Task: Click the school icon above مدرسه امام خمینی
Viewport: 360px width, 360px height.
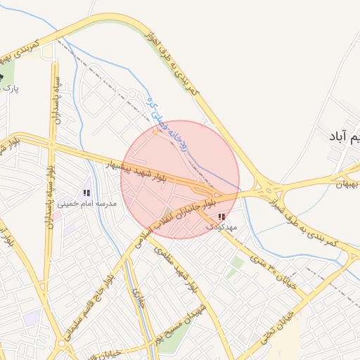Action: coord(86,193)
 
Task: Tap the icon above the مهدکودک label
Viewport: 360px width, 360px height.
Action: coord(222,217)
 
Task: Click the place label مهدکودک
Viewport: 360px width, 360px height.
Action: coord(223,228)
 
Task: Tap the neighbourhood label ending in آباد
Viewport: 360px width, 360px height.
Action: coord(344,136)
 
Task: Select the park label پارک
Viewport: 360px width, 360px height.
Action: coord(9,89)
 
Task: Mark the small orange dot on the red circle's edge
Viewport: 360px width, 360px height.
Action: coord(156,131)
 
